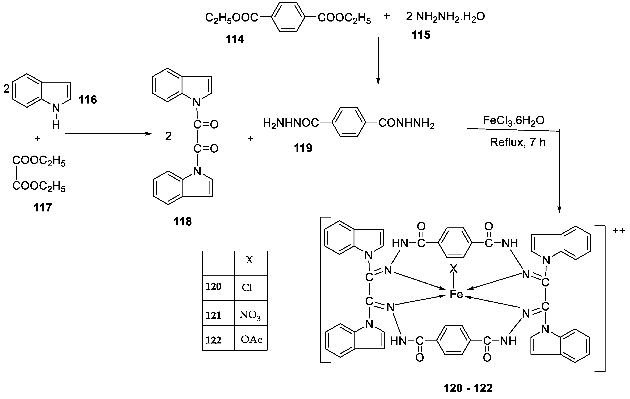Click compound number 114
tap(235, 39)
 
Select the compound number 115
tap(421, 35)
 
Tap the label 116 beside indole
tap(88, 100)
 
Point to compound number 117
tap(43, 208)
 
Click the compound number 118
tap(183, 221)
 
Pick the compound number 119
tap(303, 148)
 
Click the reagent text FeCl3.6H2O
tap(514, 121)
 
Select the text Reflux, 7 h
tap(517, 142)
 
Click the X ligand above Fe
tap(453, 268)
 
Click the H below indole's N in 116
tap(56, 125)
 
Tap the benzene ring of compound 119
tap(349, 122)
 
